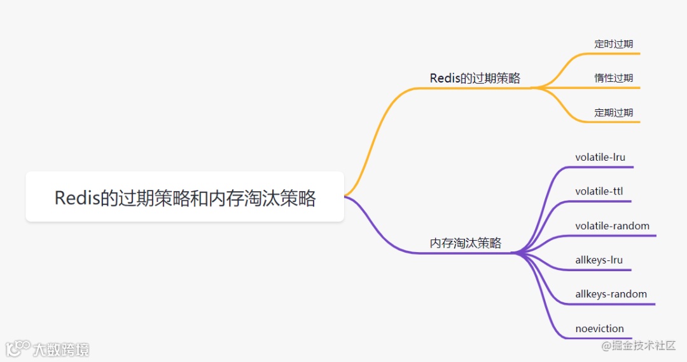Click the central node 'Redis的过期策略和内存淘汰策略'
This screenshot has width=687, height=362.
point(184,198)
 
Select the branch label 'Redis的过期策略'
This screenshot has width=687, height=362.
point(475,78)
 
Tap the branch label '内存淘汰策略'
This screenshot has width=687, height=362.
point(466,243)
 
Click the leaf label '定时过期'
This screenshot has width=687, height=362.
point(613,44)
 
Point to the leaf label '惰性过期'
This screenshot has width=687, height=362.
point(613,78)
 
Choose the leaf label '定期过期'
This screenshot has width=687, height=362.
point(613,112)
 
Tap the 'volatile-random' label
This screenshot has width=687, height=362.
point(612,226)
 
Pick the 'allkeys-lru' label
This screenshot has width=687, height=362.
point(599,260)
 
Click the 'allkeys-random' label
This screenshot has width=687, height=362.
point(611,294)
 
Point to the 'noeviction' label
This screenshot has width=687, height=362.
point(599,328)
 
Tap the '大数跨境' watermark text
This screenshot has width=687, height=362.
point(61,349)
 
